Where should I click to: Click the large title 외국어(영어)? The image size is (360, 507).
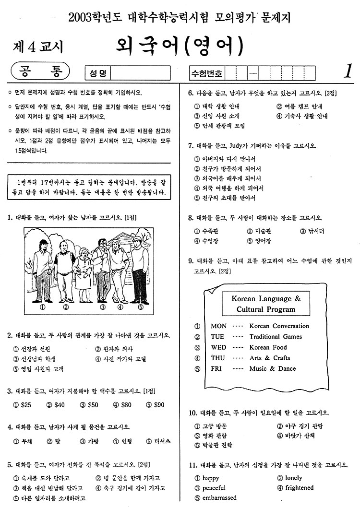180,46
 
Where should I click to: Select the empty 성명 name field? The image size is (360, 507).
141,73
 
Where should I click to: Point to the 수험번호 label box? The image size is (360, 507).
207,73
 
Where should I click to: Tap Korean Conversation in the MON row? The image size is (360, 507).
279,326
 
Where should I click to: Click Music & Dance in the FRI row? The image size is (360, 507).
272,368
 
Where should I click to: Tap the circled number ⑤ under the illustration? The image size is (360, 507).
140,307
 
